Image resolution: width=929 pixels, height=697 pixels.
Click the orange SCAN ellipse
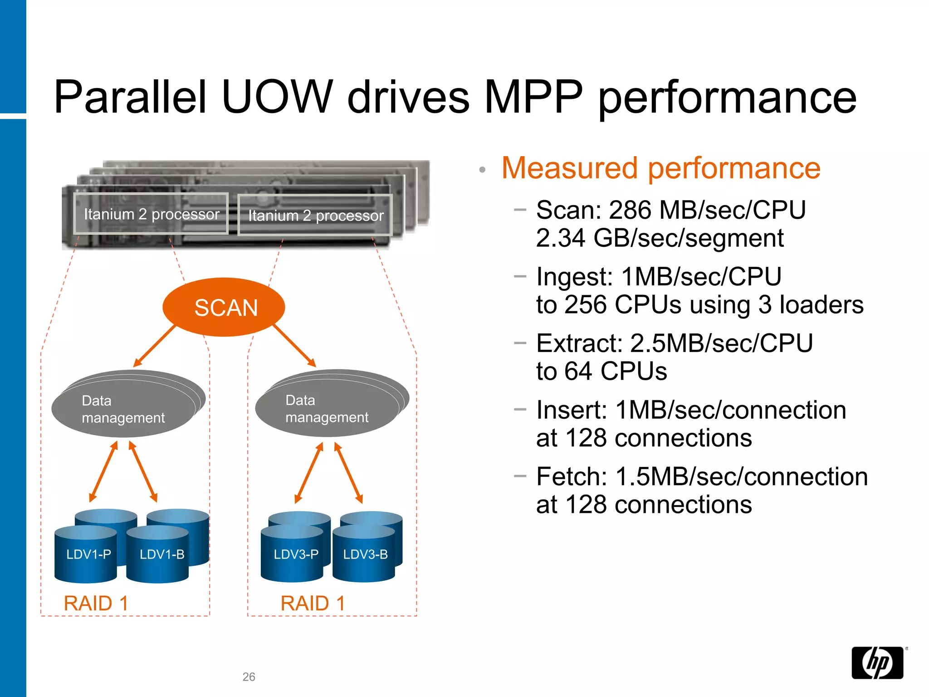224,307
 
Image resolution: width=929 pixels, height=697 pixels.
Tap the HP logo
877,663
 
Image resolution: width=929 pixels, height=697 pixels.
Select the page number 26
249,677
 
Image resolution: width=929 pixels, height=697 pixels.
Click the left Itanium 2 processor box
151,214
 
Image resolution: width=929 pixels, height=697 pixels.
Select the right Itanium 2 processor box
315,216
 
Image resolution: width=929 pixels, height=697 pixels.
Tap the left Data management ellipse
123,408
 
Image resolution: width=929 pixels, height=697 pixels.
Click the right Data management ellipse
327,408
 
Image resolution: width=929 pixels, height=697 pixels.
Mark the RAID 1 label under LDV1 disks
96,604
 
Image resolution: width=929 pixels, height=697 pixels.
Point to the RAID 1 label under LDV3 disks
313,604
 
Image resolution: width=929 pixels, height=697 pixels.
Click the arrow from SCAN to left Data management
155,346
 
